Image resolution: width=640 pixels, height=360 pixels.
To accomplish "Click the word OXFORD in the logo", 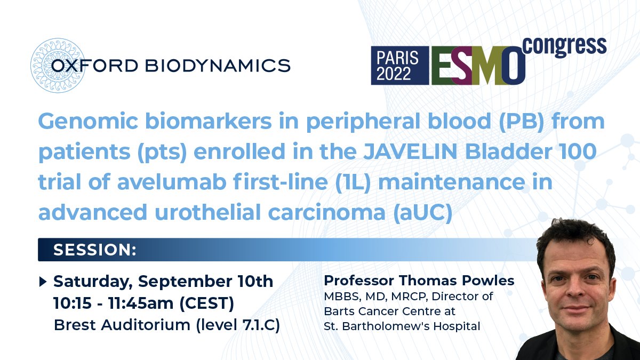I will (x=92, y=66).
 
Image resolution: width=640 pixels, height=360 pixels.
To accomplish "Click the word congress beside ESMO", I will (x=565, y=46).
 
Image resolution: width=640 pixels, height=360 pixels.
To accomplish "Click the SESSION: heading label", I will (x=95, y=250).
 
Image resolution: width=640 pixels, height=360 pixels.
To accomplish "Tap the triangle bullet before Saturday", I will (x=43, y=281).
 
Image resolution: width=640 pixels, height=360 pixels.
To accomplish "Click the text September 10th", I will (x=213, y=281).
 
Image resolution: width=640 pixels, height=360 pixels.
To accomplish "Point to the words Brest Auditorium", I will (x=119, y=325).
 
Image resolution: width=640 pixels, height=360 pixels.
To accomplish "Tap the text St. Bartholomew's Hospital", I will (x=402, y=326).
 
